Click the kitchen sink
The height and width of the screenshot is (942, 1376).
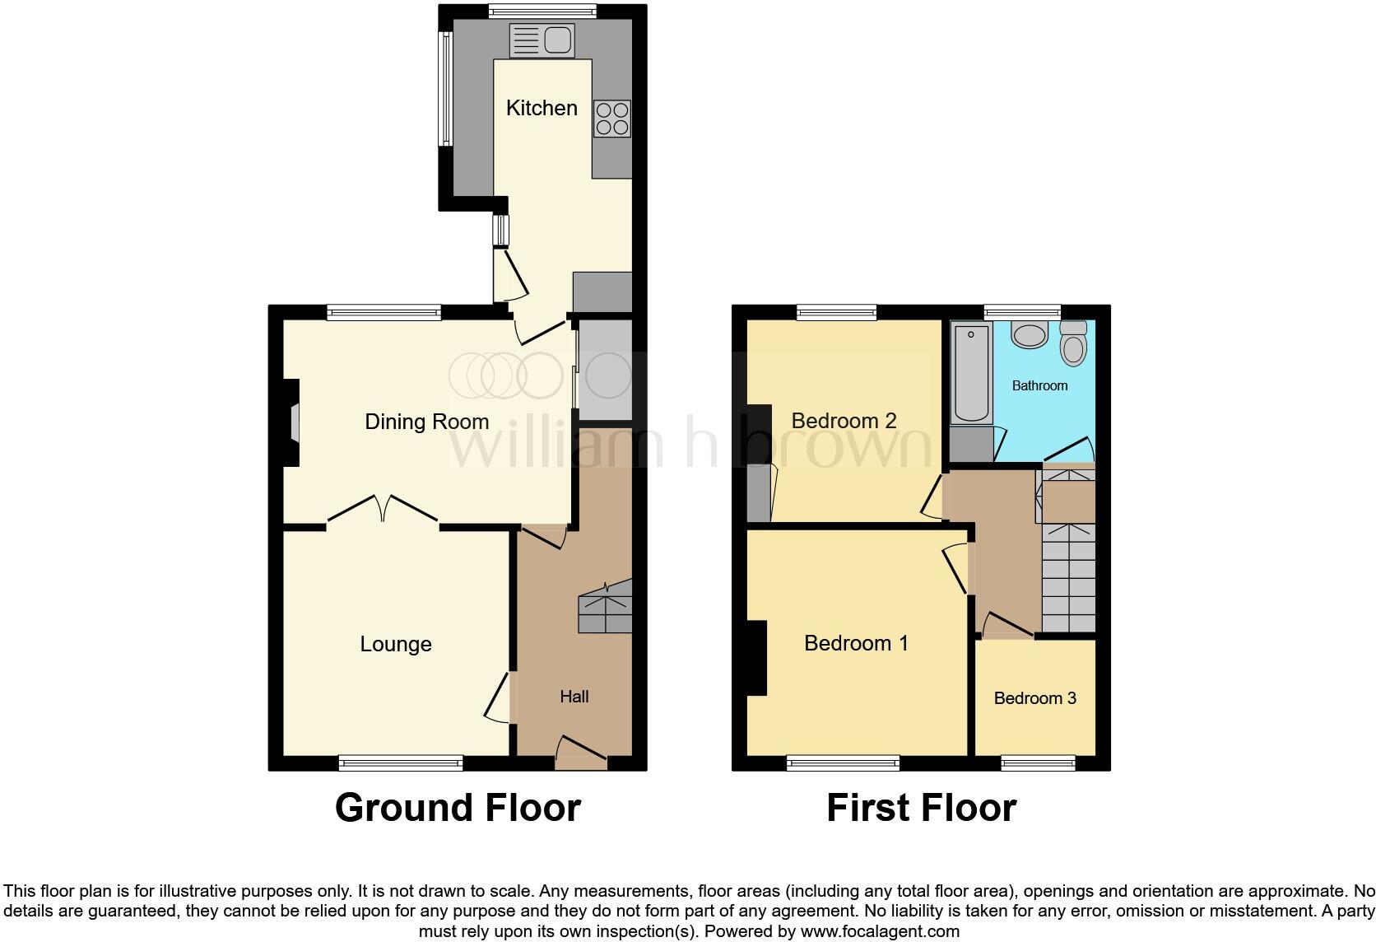pyautogui.click(x=542, y=40)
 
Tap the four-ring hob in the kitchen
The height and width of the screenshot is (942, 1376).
pyautogui.click(x=611, y=118)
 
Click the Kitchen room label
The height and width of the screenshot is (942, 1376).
pyautogui.click(x=542, y=108)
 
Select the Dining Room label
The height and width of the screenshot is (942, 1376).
pyautogui.click(x=426, y=422)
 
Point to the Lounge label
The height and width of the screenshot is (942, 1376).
pyautogui.click(x=395, y=644)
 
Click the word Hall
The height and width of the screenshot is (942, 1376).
pyautogui.click(x=574, y=697)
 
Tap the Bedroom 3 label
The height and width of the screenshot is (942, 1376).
pyautogui.click(x=1034, y=698)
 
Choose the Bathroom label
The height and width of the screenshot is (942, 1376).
pyautogui.click(x=1039, y=385)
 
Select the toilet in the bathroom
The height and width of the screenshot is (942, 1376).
pyautogui.click(x=1073, y=343)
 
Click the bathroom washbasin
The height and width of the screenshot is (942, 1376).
pyautogui.click(x=1028, y=334)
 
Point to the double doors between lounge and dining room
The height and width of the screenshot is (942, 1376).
pyautogui.click(x=383, y=509)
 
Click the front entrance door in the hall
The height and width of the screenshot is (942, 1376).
pyautogui.click(x=581, y=750)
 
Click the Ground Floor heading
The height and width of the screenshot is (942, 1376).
pyautogui.click(x=458, y=808)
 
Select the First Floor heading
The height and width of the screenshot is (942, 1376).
pyautogui.click(x=921, y=808)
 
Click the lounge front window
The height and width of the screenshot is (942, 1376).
pyautogui.click(x=401, y=763)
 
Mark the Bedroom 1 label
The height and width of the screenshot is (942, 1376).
pyautogui.click(x=856, y=643)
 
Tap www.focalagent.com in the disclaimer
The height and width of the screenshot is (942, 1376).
pyautogui.click(x=880, y=932)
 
